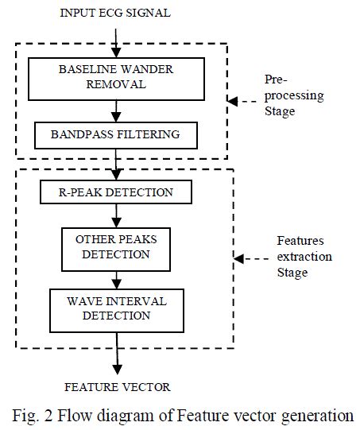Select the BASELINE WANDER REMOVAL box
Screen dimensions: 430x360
(x=117, y=76)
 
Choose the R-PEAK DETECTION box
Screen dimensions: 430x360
(x=117, y=192)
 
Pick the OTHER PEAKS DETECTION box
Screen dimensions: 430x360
(x=117, y=247)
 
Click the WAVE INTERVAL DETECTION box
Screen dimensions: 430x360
(x=117, y=309)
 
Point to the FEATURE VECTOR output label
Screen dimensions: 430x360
(x=117, y=387)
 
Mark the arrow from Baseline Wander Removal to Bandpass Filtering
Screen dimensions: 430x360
(x=117, y=109)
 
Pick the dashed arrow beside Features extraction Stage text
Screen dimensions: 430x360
(x=253, y=259)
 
